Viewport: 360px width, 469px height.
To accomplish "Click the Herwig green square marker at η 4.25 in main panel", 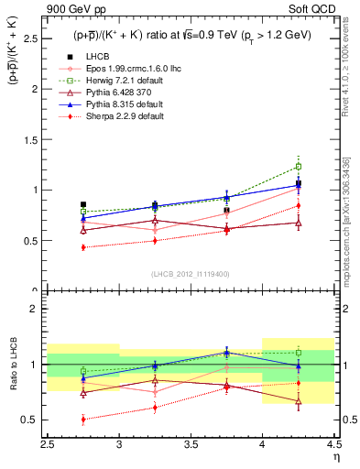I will tap(298, 167).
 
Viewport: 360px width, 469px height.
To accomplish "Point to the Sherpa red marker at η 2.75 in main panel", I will tap(83, 247).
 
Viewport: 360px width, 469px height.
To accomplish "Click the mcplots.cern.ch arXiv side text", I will tap(347, 229).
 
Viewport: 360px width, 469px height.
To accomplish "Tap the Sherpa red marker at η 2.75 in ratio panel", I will tap(83, 420).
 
